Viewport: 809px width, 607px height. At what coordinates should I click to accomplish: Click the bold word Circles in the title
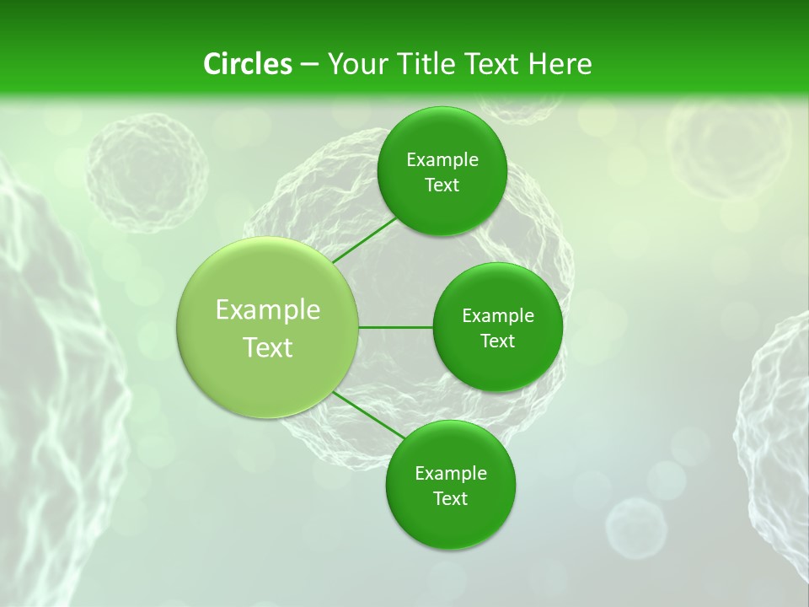click(x=247, y=64)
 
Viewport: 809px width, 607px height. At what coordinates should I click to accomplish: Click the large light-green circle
click(x=267, y=327)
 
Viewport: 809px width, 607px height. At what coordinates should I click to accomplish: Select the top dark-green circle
click(x=442, y=171)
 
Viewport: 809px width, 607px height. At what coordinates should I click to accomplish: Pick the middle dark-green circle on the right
click(x=497, y=327)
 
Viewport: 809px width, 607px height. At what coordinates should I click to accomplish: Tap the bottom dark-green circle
click(x=450, y=485)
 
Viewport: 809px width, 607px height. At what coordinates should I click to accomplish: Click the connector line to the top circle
click(x=364, y=241)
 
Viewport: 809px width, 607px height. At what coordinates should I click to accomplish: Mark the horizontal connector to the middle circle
click(x=395, y=327)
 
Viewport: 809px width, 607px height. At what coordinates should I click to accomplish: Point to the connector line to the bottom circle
click(x=369, y=415)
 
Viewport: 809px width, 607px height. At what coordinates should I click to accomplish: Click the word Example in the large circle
click(x=267, y=309)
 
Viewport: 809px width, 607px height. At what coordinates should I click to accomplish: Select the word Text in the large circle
click(x=267, y=347)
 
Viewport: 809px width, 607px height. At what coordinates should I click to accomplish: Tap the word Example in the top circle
click(x=442, y=159)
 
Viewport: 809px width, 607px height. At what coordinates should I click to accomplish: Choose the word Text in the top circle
click(x=442, y=185)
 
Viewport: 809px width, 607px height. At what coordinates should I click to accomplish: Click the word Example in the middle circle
click(x=497, y=315)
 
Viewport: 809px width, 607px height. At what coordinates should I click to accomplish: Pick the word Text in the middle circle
click(x=497, y=341)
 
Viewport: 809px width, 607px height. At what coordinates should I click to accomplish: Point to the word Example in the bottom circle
click(x=450, y=473)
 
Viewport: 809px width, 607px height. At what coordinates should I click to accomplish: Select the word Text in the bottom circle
click(x=450, y=498)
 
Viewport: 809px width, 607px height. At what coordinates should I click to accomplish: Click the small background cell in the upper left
click(x=147, y=173)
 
